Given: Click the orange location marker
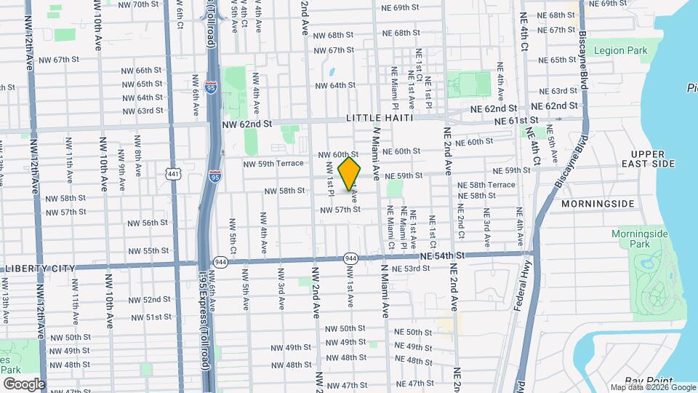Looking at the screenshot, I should pos(350,173).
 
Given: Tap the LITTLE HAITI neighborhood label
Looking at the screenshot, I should pos(380,118).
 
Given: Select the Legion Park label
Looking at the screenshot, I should pos(619,51).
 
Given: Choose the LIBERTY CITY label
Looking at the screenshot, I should pos(40,269).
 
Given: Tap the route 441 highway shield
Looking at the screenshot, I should pos(173,174).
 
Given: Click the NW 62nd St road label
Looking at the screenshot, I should pos(246,124).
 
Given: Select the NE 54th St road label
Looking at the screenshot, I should pos(441,256).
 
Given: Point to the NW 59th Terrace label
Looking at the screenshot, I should pos(273,164).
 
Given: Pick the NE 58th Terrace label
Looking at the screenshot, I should pos(486,185).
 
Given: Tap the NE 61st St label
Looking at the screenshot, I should pos(516,120).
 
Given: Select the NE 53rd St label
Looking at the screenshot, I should pos(411,269).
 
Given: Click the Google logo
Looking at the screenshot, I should pos(23,384).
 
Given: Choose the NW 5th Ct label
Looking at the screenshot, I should pos(233,232).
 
